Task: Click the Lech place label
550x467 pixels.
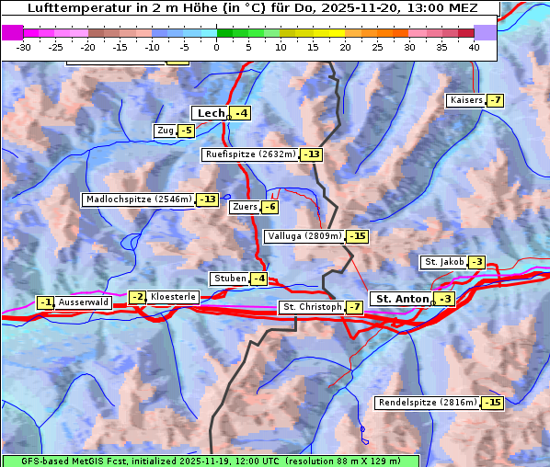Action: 211,113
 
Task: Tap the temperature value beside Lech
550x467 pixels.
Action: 240,113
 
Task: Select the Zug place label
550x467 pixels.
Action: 166,131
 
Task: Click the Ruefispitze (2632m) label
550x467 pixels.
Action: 250,154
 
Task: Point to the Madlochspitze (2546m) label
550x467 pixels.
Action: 138,199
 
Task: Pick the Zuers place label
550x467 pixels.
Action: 244,207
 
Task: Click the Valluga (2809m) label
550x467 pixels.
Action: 304,236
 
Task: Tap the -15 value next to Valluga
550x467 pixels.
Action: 358,236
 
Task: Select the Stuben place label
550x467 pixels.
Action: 229,279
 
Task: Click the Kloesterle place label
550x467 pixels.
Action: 173,297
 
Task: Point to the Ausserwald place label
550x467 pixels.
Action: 84,302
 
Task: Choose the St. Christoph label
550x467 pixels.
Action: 311,307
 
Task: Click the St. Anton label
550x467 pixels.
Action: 403,299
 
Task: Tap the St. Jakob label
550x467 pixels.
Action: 443,262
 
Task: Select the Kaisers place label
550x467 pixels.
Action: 465,100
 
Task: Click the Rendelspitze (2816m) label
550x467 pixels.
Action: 428,403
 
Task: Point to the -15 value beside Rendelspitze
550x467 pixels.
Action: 493,403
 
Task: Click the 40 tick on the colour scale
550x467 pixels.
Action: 474,46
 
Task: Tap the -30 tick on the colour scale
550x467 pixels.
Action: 24,46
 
